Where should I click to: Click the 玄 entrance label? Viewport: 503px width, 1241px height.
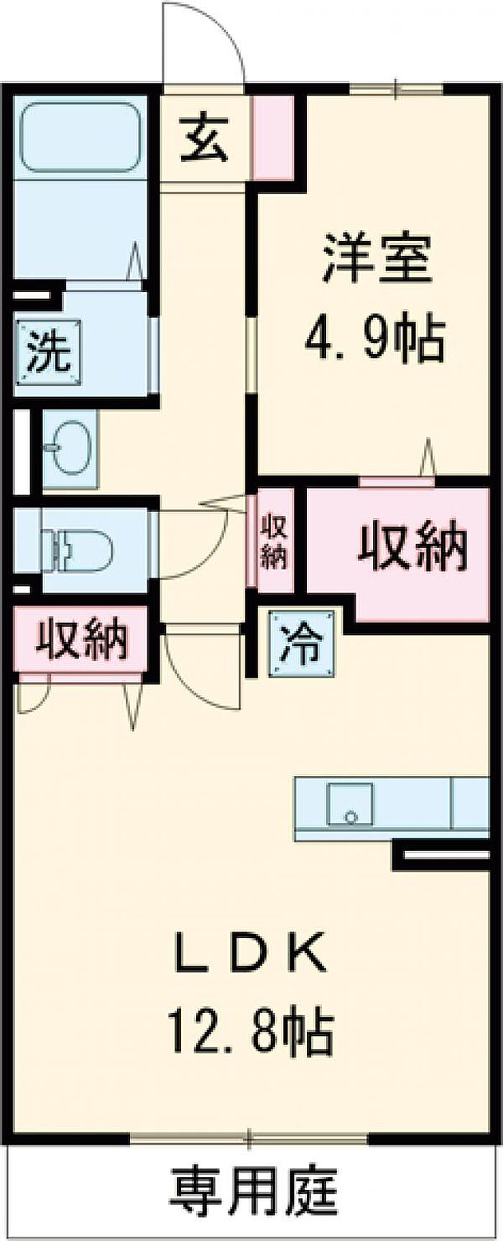click(204, 140)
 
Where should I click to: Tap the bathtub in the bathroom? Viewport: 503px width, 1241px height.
click(80, 138)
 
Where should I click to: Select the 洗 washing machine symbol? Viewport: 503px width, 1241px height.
click(49, 352)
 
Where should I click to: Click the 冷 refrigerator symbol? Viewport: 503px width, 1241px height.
click(302, 644)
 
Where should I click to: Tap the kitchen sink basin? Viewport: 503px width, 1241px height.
click(351, 804)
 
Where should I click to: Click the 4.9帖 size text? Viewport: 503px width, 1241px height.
click(375, 338)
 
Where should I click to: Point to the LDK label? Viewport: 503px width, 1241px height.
click(251, 954)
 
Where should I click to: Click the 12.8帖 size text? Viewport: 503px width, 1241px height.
click(251, 1032)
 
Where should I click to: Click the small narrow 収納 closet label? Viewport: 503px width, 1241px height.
click(274, 542)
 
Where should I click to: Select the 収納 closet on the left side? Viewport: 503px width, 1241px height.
click(82, 639)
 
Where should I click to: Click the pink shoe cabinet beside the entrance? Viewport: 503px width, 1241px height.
click(273, 137)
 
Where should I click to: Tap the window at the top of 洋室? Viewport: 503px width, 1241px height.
click(396, 88)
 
